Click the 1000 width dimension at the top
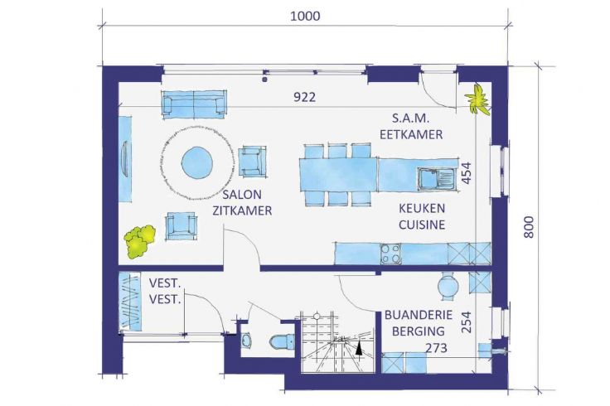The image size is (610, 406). click(305, 16)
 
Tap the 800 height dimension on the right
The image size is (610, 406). click(529, 227)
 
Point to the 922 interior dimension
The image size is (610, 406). click(304, 97)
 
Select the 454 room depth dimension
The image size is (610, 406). click(466, 172)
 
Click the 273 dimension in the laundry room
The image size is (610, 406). click(436, 348)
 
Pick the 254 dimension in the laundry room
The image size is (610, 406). click(466, 322)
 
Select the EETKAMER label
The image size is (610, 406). click(411, 134)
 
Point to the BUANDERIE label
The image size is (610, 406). click(419, 315)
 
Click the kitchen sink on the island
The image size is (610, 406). click(436, 179)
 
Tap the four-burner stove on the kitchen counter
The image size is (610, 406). click(390, 254)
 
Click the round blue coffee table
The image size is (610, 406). click(197, 162)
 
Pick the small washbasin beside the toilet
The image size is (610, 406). click(247, 341)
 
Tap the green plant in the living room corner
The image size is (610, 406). click(139, 241)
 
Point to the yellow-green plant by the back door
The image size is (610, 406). click(477, 99)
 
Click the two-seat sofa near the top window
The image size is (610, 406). click(193, 104)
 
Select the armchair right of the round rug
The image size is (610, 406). click(253, 161)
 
